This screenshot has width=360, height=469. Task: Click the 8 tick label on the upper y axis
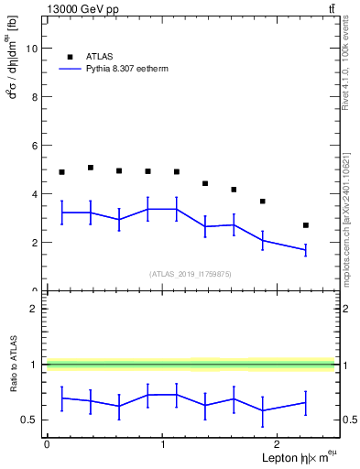(x=34, y=97)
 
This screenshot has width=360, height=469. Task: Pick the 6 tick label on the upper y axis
(x=34, y=146)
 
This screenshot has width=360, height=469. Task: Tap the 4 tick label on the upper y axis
(x=34, y=194)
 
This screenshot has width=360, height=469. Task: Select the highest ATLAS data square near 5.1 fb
(x=91, y=168)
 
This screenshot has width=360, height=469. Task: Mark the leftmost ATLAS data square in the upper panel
(x=61, y=172)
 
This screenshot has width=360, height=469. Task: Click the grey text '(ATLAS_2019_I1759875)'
(x=191, y=273)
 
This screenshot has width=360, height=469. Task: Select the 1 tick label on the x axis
(x=162, y=443)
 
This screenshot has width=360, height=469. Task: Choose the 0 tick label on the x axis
(x=47, y=443)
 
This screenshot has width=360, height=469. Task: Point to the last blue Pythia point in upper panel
(x=306, y=250)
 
